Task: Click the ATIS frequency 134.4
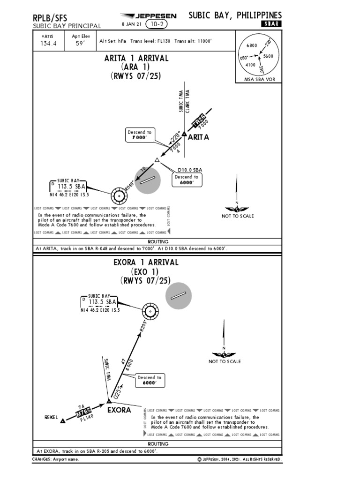[49, 45]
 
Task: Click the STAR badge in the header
[271, 24]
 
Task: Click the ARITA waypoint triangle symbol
[184, 135]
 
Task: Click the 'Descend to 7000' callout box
[139, 135]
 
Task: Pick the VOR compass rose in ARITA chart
[120, 194]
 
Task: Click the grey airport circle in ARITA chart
[148, 180]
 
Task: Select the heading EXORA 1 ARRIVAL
[146, 262]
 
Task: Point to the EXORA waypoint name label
[119, 410]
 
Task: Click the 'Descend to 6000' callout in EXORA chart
[150, 380]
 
